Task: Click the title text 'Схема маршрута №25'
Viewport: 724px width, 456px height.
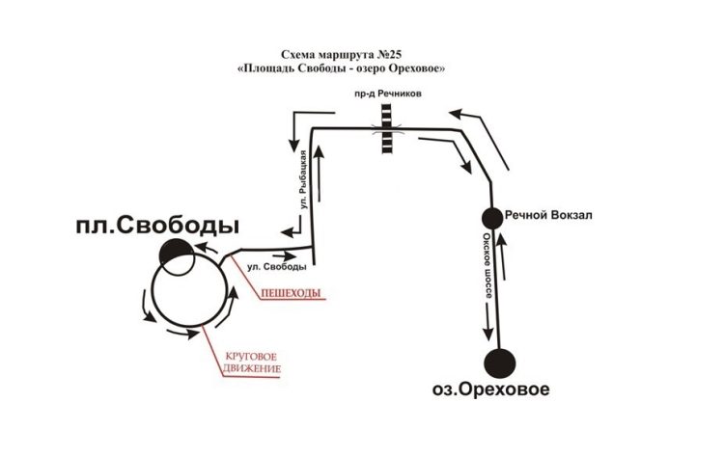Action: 346,57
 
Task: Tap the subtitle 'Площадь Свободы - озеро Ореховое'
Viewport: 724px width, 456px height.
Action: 346,70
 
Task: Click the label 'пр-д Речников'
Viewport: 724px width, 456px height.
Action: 387,94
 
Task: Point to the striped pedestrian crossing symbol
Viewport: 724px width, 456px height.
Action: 386,130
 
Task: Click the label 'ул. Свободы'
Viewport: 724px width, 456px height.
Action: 278,264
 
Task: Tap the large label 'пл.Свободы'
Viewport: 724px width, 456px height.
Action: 158,227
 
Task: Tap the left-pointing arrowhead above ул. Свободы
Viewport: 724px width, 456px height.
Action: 289,232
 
